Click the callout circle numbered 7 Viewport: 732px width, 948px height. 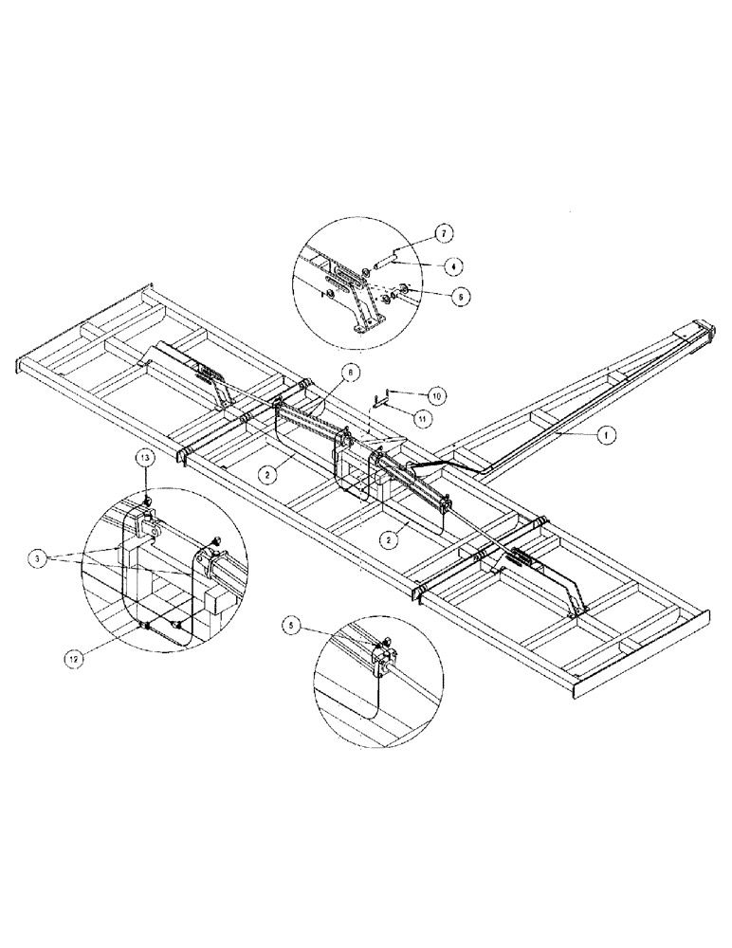[442, 232]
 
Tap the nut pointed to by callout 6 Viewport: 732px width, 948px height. [403, 288]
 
